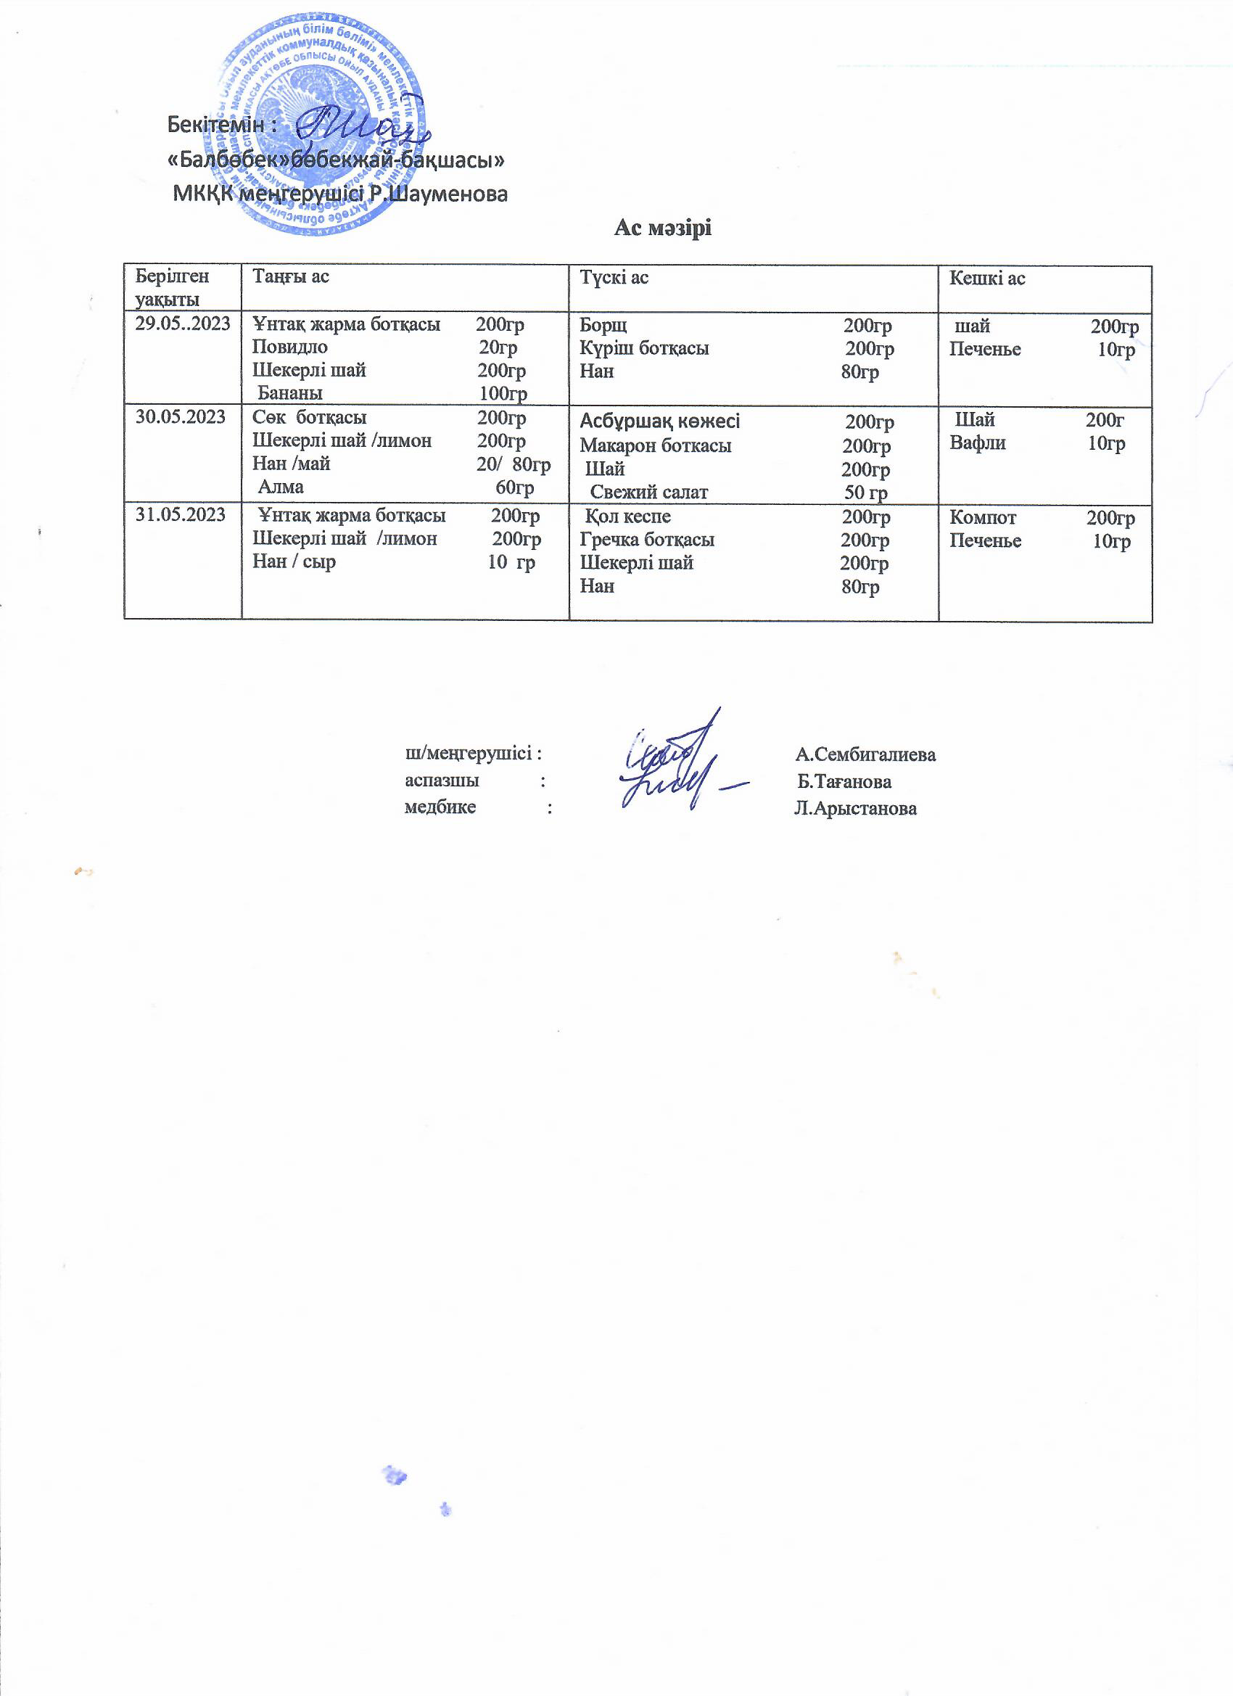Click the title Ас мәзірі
[x=662, y=228]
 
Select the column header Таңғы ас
[x=290, y=276]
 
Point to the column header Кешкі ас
[x=986, y=278]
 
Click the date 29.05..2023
[x=183, y=324]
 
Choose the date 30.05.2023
[x=180, y=416]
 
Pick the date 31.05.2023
[x=180, y=514]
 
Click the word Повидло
[x=289, y=347]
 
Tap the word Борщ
[x=603, y=325]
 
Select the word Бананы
[x=290, y=393]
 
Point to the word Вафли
[x=977, y=443]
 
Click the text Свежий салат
[x=648, y=492]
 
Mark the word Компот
[x=983, y=517]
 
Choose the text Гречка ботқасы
[x=647, y=540]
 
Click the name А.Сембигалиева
[x=865, y=754]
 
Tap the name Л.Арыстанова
[x=855, y=808]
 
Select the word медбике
[x=440, y=807]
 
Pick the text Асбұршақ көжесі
[x=659, y=421]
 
